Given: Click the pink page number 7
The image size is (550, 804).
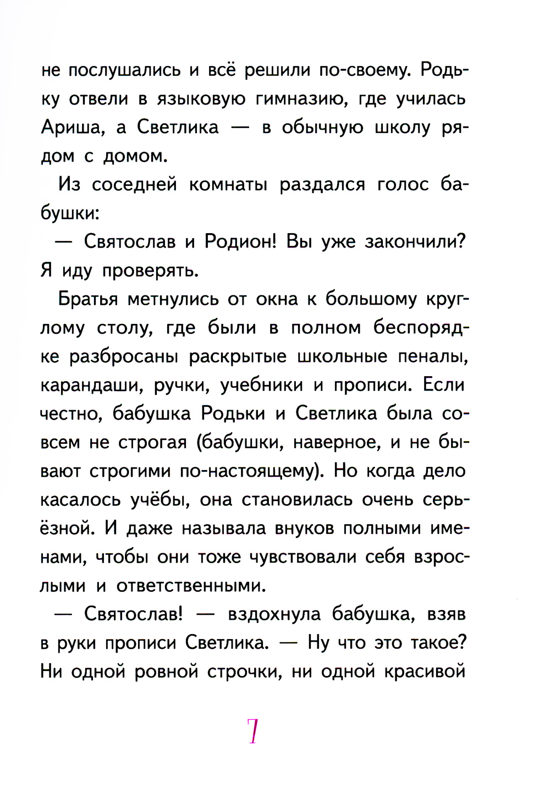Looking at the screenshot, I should (253, 731).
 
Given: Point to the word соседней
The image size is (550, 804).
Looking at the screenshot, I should (135, 185).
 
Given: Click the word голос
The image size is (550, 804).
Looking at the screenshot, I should (404, 185).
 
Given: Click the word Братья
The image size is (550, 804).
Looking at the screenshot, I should (88, 299).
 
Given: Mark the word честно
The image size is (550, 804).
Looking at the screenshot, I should (71, 414).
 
